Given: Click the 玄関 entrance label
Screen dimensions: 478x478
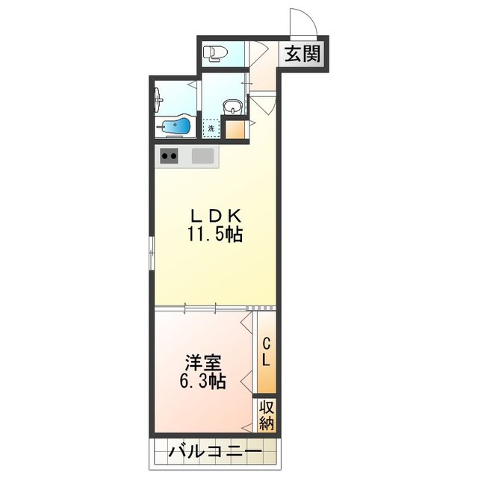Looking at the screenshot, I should click(302, 54).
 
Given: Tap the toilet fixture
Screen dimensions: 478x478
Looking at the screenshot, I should click(217, 52).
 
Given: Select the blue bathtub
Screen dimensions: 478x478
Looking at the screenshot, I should click(175, 128).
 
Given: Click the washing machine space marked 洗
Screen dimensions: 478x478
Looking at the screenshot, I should click(211, 128).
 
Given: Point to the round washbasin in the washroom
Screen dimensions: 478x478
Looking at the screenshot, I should click(234, 106).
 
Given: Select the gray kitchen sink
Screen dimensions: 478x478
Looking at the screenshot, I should click(202, 156).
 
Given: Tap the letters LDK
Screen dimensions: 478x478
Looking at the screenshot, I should click(214, 215).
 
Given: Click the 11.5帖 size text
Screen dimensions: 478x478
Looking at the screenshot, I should click(214, 234).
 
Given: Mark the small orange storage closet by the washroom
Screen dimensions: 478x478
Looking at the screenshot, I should click(235, 129).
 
